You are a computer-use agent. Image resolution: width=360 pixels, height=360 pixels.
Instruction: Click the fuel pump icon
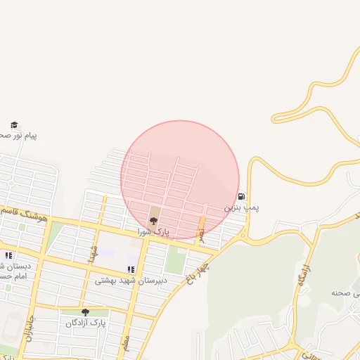(x=242, y=197)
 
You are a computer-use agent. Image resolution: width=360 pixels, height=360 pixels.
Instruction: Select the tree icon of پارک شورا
(x=154, y=220)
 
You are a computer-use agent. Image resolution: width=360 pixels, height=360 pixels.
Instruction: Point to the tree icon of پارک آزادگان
(x=85, y=312)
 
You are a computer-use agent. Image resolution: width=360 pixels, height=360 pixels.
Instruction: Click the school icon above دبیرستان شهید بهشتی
(x=131, y=269)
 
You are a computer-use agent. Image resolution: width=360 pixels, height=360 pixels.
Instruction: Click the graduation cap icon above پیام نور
(x=14, y=124)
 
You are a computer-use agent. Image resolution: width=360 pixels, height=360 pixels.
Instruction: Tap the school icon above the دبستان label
(x=8, y=255)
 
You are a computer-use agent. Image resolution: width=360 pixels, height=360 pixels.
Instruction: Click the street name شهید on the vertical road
(x=91, y=252)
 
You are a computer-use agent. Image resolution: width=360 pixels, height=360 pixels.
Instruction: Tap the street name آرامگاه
(x=303, y=273)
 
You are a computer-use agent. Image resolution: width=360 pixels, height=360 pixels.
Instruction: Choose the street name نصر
(x=202, y=236)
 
